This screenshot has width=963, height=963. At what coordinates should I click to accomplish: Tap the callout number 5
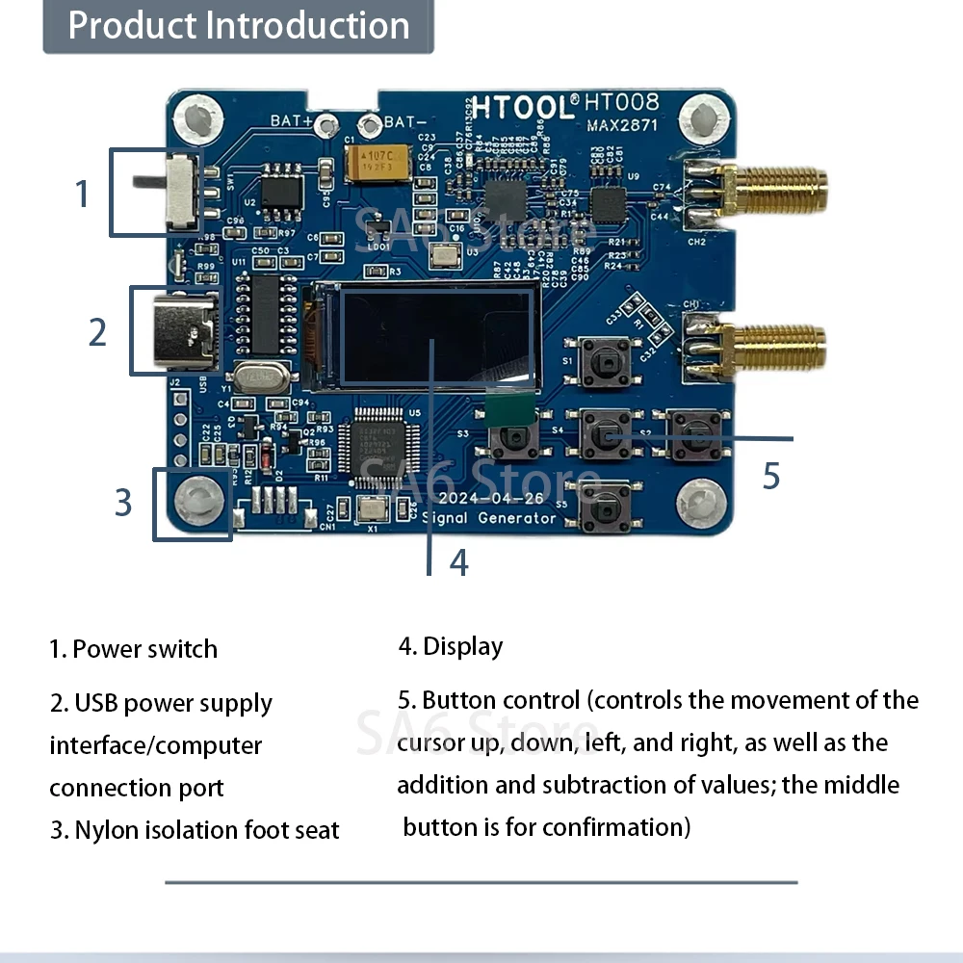(770, 476)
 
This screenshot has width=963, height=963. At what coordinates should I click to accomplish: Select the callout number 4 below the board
(458, 562)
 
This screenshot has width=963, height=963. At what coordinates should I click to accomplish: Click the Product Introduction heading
(239, 26)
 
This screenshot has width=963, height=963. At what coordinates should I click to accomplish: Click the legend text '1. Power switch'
(134, 649)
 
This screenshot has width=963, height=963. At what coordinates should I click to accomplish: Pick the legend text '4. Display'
(451, 646)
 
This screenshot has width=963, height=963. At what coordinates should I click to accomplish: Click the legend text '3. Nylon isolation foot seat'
(195, 829)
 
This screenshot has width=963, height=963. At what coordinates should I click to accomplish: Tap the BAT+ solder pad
(328, 124)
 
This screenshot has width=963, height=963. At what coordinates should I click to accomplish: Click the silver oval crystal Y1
(261, 379)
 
